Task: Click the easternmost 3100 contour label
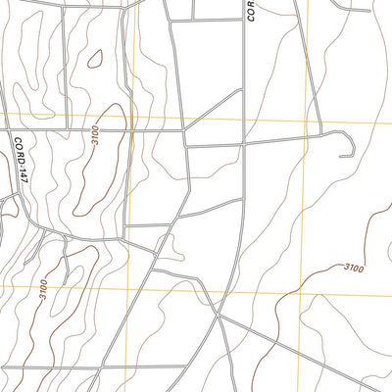(x=353, y=268)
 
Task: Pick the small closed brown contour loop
(x=95, y=59)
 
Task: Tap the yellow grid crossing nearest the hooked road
(x=304, y=122)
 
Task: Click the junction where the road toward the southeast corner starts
(x=220, y=316)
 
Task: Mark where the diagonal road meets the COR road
(x=241, y=90)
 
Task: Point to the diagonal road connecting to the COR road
(x=214, y=108)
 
